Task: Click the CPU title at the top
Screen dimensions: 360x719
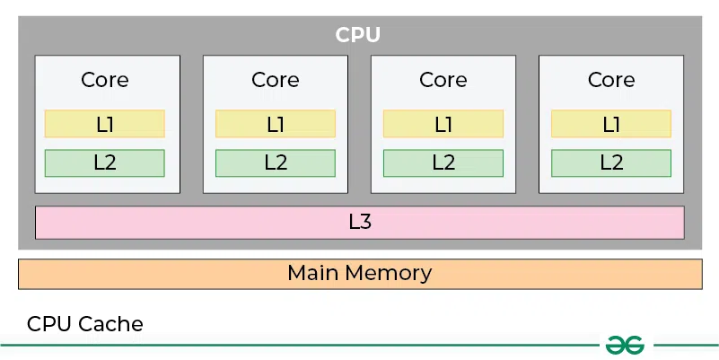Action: click(358, 35)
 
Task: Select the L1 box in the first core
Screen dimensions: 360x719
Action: click(105, 124)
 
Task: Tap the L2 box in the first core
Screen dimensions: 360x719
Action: click(105, 162)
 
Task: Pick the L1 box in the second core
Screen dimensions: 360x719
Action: click(276, 124)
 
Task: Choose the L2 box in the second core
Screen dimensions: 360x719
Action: click(276, 162)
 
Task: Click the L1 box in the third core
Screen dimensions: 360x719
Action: click(443, 124)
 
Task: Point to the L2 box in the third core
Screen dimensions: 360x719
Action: click(443, 162)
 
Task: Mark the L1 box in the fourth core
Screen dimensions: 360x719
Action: click(611, 124)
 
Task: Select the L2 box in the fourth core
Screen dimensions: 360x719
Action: click(611, 162)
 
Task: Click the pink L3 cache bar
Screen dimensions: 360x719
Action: click(359, 222)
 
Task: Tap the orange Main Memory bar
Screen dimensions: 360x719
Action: click(359, 273)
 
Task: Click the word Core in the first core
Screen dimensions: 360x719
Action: click(105, 79)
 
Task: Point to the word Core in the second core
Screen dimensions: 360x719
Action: click(276, 79)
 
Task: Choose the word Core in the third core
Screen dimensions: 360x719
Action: click(443, 79)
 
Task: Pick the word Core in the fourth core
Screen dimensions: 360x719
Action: click(611, 79)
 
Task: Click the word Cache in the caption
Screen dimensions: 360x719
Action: click(110, 324)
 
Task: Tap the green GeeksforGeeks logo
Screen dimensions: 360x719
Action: click(627, 345)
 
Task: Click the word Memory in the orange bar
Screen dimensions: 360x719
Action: click(389, 273)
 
